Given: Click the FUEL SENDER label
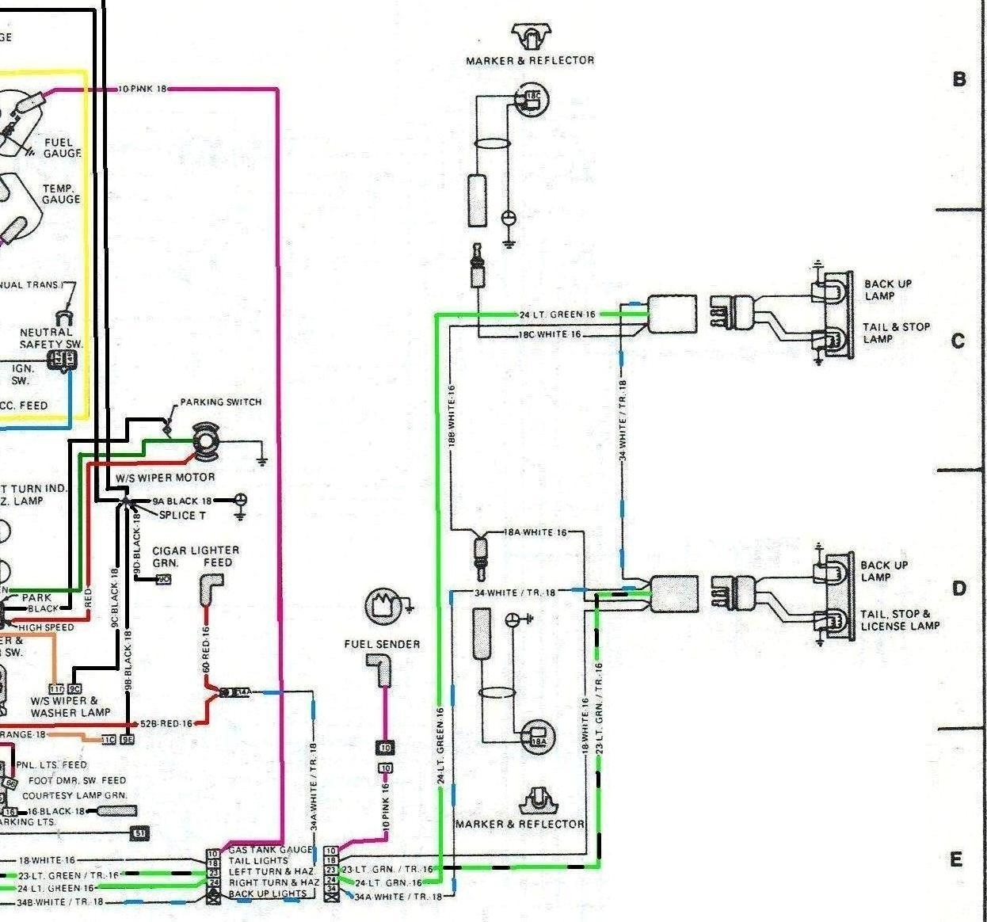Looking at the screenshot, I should point(382,644).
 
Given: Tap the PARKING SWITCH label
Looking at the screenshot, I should point(220,402).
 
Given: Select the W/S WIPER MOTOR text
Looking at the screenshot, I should point(166,478).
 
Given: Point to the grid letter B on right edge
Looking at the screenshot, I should point(959,79).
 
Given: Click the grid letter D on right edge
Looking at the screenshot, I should point(959,589).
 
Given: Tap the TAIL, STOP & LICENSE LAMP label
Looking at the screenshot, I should point(900,619).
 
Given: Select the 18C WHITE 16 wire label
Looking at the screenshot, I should point(549,334).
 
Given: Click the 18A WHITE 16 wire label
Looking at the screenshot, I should point(535,532).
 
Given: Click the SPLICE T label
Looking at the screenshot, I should point(182,515).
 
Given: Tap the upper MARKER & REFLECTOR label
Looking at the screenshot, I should point(530,60).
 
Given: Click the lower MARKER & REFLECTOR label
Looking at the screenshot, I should point(520,824).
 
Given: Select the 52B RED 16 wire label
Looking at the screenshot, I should point(166,723).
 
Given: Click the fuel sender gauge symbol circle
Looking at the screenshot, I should point(383,607).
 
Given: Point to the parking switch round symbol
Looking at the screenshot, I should point(207,440).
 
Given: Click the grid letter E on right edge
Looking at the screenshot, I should point(956,859).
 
